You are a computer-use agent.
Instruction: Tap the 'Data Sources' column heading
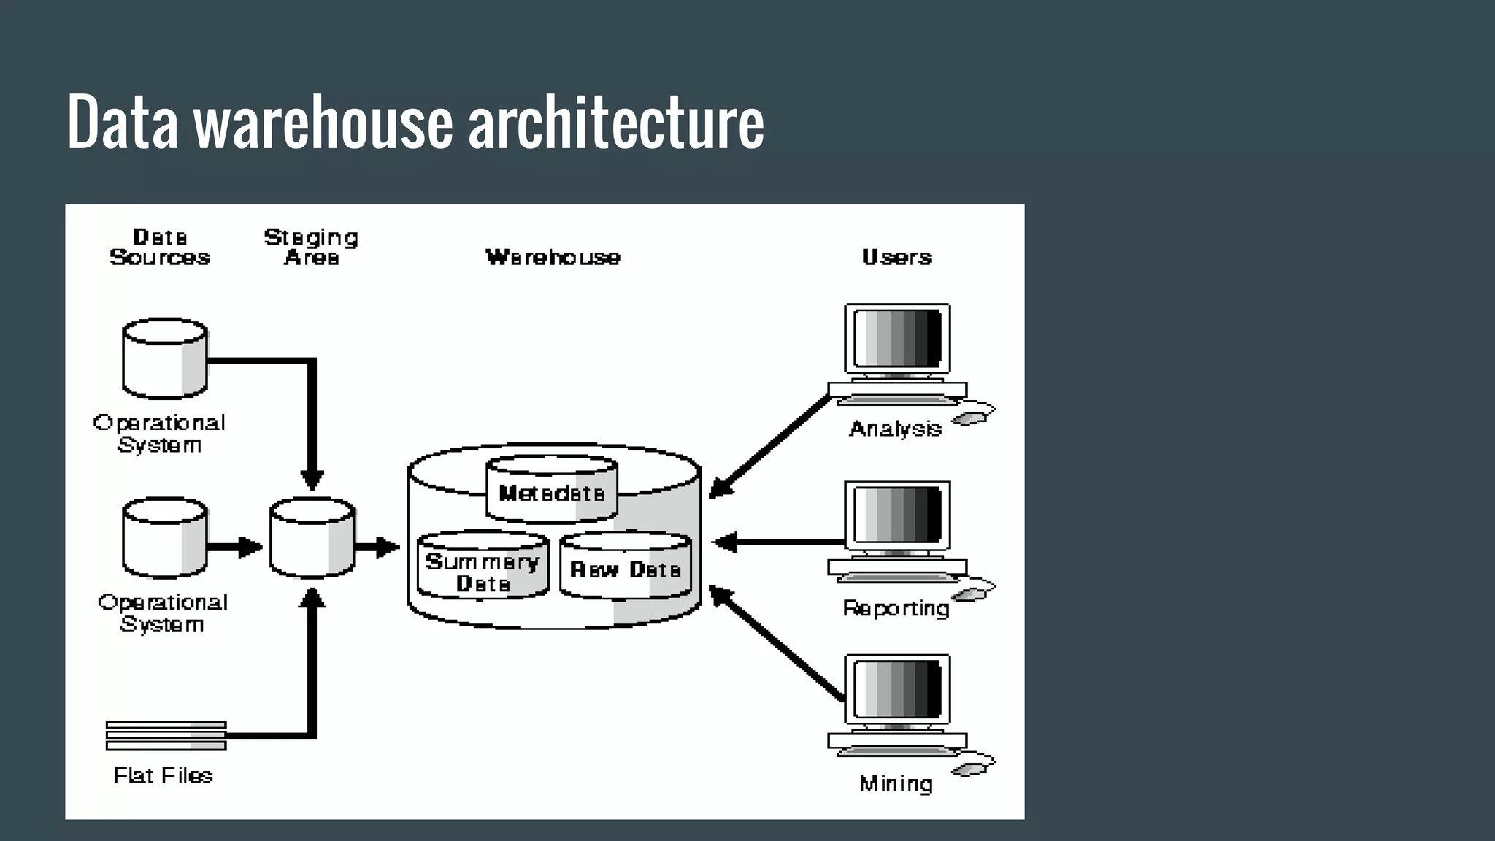tap(160, 247)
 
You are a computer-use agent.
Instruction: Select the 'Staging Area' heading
tap(311, 247)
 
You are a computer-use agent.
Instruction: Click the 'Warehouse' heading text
tap(553, 257)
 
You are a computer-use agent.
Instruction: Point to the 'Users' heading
tap(896, 257)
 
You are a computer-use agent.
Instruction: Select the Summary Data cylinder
tap(483, 568)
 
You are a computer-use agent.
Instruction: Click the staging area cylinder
tap(312, 539)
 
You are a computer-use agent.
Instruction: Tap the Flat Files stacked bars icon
tap(166, 735)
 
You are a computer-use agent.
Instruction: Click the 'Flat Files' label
tap(164, 775)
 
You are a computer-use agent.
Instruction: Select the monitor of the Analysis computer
tap(897, 338)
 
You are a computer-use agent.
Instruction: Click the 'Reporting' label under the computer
tap(896, 608)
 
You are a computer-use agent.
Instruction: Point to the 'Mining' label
tap(896, 784)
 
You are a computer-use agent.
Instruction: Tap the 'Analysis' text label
tap(895, 429)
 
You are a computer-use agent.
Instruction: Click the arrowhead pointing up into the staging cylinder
tap(312, 597)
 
